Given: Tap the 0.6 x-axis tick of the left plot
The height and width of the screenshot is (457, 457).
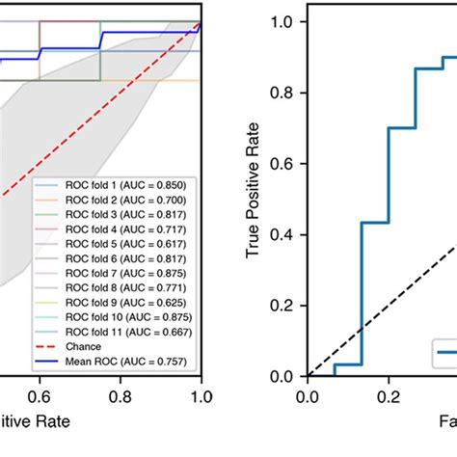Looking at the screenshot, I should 40,395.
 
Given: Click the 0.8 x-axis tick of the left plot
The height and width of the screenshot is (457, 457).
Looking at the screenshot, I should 121,395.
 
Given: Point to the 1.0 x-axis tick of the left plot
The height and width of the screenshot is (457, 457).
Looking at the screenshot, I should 201,395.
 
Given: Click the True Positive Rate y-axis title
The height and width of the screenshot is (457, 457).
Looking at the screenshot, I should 254,197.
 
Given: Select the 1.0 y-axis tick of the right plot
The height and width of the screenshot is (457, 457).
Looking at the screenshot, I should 285,21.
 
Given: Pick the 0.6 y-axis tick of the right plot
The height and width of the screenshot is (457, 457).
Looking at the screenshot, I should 285,164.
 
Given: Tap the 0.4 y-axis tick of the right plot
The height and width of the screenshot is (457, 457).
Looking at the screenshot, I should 285,234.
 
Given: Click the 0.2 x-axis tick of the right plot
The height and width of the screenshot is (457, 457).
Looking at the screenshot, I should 388,395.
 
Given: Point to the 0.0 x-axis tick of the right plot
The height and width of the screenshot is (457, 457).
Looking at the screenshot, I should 307,395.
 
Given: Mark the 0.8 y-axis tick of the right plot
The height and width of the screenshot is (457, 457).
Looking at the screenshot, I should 285,93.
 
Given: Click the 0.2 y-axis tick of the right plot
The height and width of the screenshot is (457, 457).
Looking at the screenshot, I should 285,306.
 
